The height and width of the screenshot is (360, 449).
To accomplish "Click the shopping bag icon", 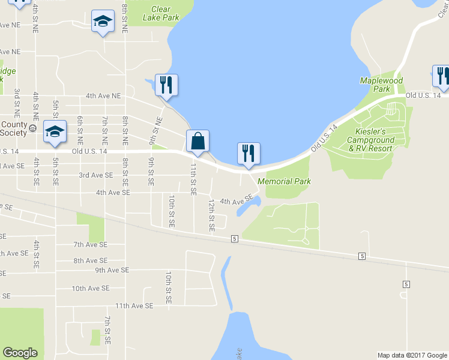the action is click(x=197, y=143).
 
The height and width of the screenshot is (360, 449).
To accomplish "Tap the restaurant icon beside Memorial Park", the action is click(x=249, y=154).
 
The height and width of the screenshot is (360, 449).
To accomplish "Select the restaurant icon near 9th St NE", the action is click(x=166, y=85).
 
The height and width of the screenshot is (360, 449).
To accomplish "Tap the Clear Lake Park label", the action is click(x=161, y=14).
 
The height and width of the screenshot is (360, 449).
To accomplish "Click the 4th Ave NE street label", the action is click(x=103, y=95).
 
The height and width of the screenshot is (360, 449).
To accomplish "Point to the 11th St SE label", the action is click(x=194, y=179).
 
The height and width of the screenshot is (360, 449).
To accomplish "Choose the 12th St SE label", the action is click(x=211, y=216).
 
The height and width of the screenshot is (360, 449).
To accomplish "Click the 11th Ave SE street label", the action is click(x=134, y=305).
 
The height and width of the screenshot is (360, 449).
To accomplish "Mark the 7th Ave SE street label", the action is click(x=91, y=245).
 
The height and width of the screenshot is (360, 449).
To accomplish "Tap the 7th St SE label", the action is click(x=107, y=330).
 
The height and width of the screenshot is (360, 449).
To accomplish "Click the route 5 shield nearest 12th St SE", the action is click(x=234, y=239).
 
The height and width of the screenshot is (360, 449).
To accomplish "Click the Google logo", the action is click(x=20, y=353).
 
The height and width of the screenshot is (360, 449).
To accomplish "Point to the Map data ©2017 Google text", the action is click(x=412, y=355).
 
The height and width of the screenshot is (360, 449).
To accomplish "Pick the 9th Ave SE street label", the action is click(x=112, y=270).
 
